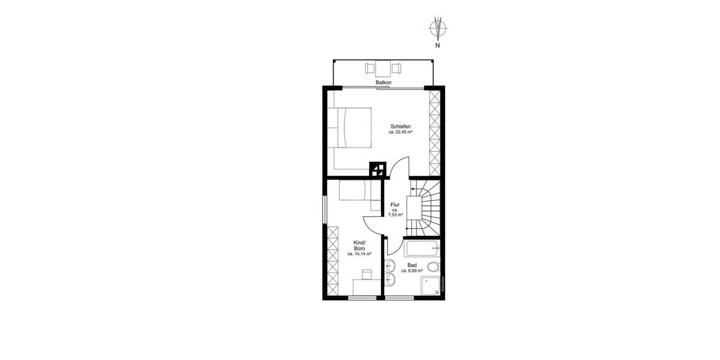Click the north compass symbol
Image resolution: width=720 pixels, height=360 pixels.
pos(438,28)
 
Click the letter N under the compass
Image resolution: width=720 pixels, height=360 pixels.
pos(438,44)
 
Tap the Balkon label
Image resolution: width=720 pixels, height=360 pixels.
pos(383,82)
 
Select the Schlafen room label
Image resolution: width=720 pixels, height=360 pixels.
pos(400,126)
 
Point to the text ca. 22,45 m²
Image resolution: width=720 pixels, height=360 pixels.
pos(400,132)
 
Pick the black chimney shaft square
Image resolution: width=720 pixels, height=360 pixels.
pos(377,168)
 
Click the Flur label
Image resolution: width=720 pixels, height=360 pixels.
pos(395,205)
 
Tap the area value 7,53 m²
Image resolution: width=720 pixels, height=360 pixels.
pos(395,214)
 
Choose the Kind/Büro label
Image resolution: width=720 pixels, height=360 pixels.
pos(360,245)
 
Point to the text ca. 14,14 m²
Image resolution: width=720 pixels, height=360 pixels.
pos(360,254)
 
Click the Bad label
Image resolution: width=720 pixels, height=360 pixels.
pos(412,265)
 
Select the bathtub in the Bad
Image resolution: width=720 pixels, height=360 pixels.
pos(422,248)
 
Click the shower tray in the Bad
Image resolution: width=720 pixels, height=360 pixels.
pos(430,286)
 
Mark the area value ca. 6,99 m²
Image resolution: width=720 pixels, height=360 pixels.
pos(412,271)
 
